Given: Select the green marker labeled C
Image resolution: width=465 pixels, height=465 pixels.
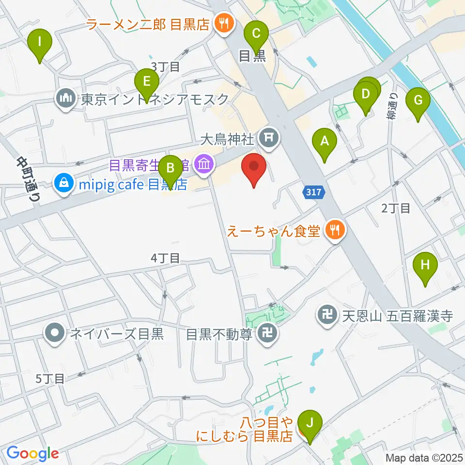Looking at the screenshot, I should pos(256,34).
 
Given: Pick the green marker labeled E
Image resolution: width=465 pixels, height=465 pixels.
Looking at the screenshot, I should pos(144,80).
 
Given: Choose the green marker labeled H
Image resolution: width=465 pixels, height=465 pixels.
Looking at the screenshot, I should pos(425,265).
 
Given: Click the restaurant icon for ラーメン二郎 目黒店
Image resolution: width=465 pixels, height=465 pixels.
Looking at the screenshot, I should pos(223,22).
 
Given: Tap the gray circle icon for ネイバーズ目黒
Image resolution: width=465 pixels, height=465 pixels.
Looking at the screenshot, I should pos(55,333).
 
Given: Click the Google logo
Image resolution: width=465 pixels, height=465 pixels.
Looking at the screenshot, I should pos(32,453).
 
